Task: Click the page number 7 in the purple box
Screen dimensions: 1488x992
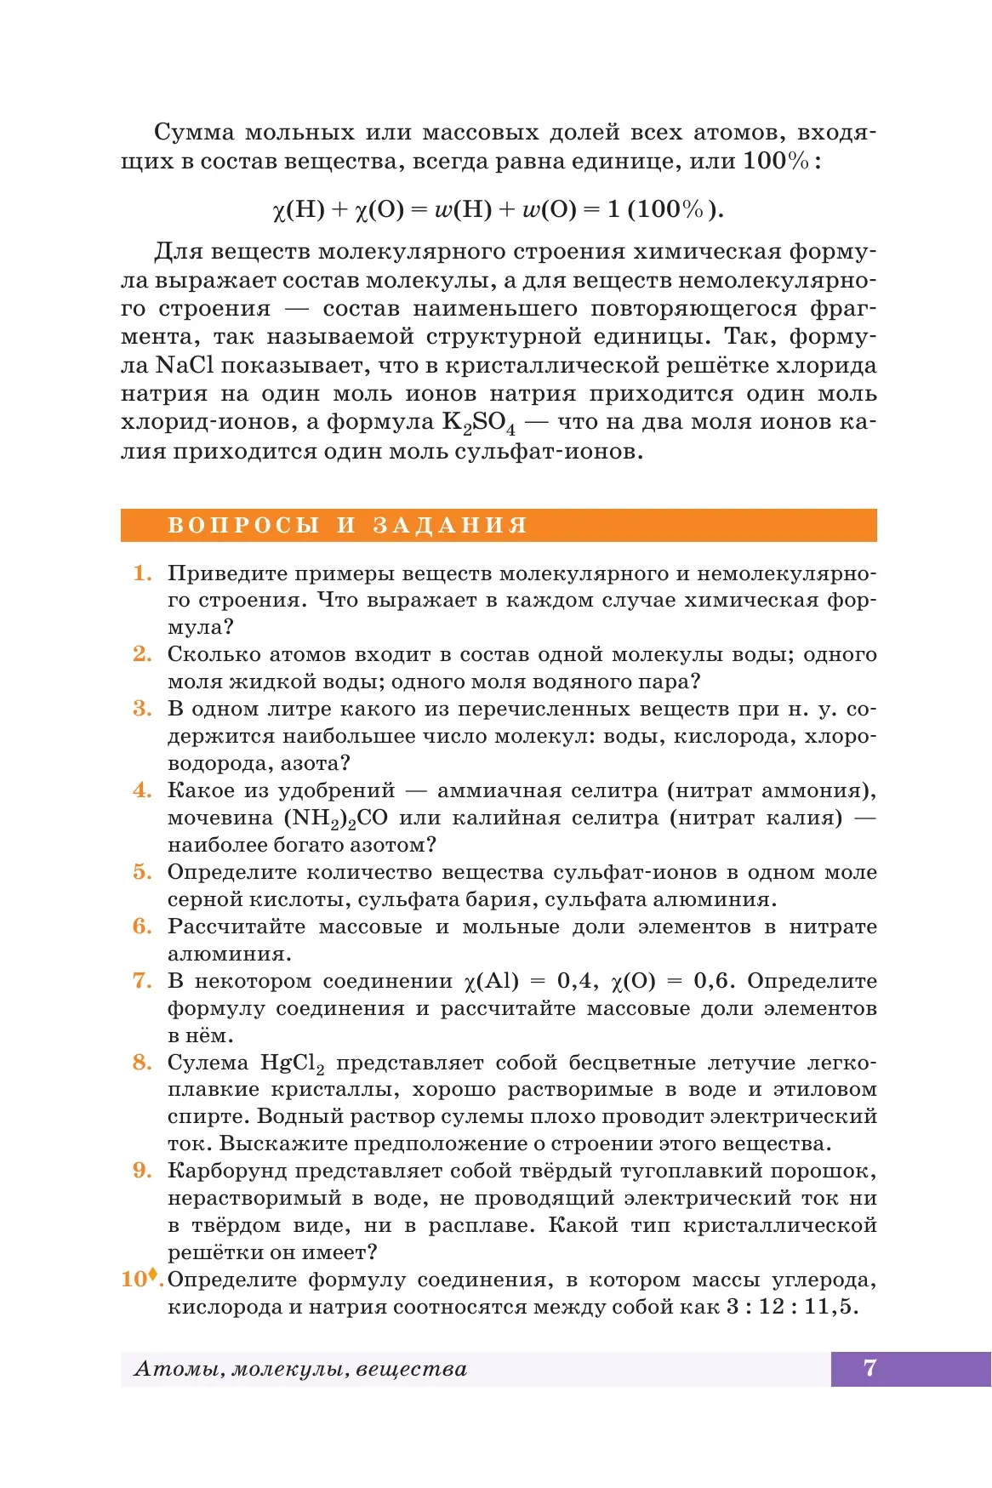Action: (x=869, y=1368)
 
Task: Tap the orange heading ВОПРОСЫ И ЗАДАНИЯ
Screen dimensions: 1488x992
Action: (x=347, y=525)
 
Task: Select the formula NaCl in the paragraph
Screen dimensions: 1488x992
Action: (x=184, y=366)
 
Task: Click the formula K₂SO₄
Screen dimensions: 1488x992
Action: (x=478, y=423)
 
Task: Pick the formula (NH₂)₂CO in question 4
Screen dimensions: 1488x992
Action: (x=335, y=818)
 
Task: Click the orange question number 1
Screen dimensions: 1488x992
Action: (x=142, y=573)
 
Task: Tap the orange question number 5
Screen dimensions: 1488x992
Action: (x=142, y=872)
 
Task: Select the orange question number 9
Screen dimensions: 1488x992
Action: (x=142, y=1171)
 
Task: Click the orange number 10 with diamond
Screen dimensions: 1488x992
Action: (x=140, y=1279)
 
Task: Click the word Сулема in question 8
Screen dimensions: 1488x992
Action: (x=208, y=1063)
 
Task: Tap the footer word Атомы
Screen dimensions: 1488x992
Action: (x=179, y=1369)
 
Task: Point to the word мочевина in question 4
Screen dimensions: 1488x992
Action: (x=219, y=818)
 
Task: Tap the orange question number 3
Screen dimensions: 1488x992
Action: (x=142, y=709)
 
